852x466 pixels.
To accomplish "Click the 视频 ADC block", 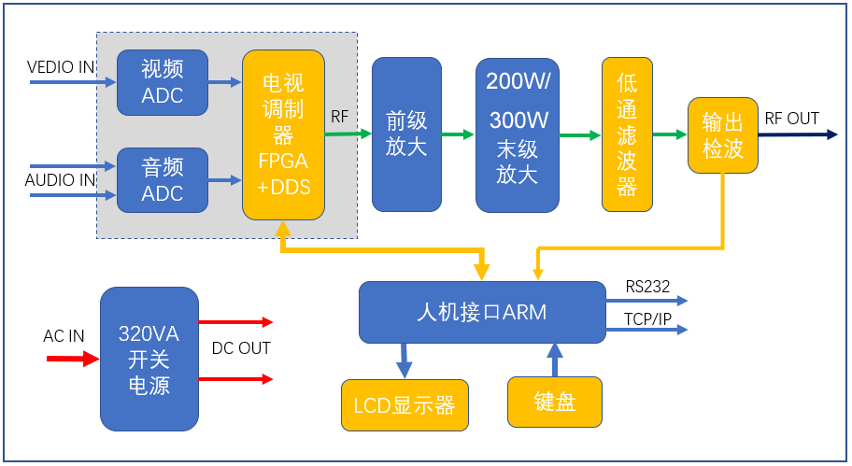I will coord(162,82).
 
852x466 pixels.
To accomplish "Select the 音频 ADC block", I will coord(162,180).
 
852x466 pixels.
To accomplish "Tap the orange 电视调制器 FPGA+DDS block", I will coord(283,134).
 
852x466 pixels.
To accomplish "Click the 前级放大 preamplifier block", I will coord(406,134).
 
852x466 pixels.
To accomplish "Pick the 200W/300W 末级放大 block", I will coord(517,134).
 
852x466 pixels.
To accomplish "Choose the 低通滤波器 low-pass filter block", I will coord(627,134).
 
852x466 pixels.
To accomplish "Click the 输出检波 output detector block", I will coord(722,134).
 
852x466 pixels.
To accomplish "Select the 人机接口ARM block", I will coord(481,312).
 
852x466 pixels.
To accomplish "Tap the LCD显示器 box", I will coord(404,405).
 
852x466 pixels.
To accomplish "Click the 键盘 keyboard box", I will coord(555,402).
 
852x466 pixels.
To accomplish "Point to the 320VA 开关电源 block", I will coord(149,359).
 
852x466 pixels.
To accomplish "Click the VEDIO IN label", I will coord(61,67).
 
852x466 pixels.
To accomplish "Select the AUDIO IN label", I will coord(60,179).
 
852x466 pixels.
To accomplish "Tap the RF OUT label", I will coord(791,119).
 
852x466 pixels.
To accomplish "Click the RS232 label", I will coord(647,287).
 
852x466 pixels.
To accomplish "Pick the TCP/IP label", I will coord(647,318).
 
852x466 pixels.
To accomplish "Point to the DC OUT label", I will coord(241,348).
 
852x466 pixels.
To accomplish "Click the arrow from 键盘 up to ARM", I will coord(555,359).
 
